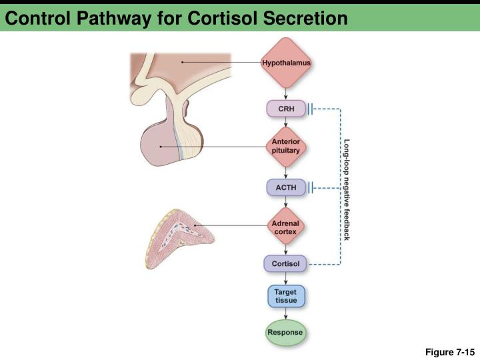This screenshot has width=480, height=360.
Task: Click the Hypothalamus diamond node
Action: point(286,63)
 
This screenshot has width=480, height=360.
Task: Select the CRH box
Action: point(286,108)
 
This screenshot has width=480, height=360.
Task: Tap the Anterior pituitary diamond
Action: point(286,146)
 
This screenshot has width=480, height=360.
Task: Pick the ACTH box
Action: point(286,188)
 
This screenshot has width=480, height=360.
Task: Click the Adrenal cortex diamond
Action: point(286,227)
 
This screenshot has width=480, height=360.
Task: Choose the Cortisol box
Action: point(286,264)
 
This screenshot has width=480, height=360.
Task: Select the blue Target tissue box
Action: point(286,297)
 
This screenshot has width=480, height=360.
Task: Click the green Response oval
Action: point(285,332)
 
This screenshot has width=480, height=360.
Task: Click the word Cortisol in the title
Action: point(219,18)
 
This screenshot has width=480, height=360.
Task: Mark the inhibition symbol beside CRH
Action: point(311,108)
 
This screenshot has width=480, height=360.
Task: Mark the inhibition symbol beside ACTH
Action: point(311,188)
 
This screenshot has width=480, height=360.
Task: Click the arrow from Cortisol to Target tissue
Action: point(286,278)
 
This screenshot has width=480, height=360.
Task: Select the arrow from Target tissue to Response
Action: point(286,315)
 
